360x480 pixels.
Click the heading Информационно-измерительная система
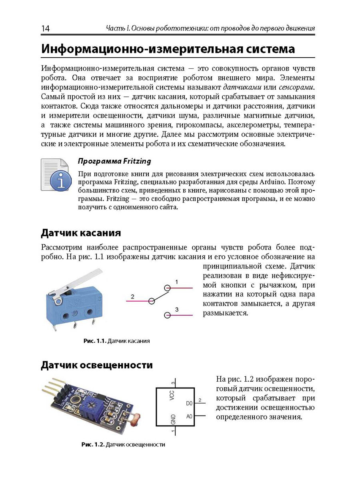coord(168,49)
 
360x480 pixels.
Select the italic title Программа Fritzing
coord(114,162)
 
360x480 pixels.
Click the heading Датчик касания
coord(81,232)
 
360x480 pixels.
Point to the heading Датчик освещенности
coord(97,365)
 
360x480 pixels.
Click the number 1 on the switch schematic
coord(176,282)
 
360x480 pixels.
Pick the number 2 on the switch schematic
coord(132,296)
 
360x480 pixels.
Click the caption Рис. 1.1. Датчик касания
coord(116,341)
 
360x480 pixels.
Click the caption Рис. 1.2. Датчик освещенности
coord(123,444)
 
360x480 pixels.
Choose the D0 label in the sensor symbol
coord(190,404)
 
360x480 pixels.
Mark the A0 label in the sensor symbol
coord(190,416)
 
